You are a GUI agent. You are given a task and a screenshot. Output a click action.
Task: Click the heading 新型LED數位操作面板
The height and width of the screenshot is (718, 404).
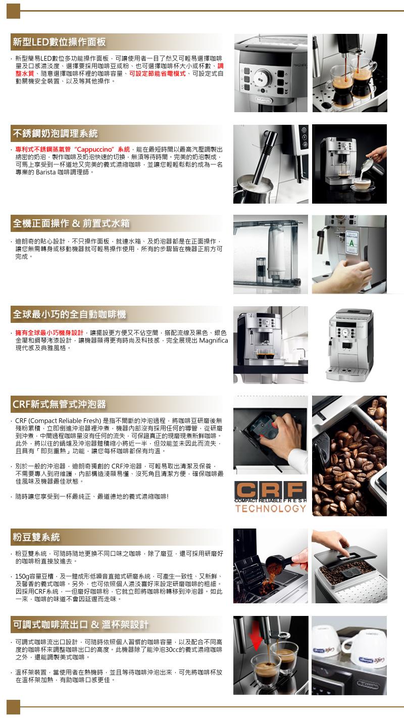tap(59, 42)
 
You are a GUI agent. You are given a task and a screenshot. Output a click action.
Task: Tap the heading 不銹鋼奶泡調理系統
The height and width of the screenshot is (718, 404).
tap(55, 133)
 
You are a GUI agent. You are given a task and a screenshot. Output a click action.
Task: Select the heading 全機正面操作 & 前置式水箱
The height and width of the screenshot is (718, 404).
tap(71, 223)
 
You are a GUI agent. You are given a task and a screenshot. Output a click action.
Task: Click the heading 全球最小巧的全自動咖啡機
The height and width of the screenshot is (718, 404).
tap(69, 314)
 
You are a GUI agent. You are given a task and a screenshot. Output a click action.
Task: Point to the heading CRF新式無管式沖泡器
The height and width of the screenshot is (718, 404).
tap(59, 404)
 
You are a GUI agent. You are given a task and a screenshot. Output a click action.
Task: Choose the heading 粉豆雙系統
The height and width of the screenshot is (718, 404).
tap(36, 537)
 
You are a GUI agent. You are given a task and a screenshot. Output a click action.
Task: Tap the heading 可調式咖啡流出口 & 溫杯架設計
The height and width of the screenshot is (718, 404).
tap(80, 625)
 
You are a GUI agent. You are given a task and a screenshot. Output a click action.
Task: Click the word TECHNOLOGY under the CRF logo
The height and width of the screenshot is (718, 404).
tap(271, 509)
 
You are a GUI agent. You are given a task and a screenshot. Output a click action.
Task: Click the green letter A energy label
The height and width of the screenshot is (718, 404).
tap(352, 243)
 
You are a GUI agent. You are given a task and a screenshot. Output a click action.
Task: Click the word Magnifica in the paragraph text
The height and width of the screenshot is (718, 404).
tap(214, 341)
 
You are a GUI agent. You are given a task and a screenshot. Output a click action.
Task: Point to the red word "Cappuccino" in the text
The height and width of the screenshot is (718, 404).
tap(94, 150)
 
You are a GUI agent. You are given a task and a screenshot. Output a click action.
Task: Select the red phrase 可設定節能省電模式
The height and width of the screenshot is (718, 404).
tap(157, 74)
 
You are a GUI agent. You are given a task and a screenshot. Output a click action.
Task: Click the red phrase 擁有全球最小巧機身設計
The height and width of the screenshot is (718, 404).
tap(49, 333)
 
